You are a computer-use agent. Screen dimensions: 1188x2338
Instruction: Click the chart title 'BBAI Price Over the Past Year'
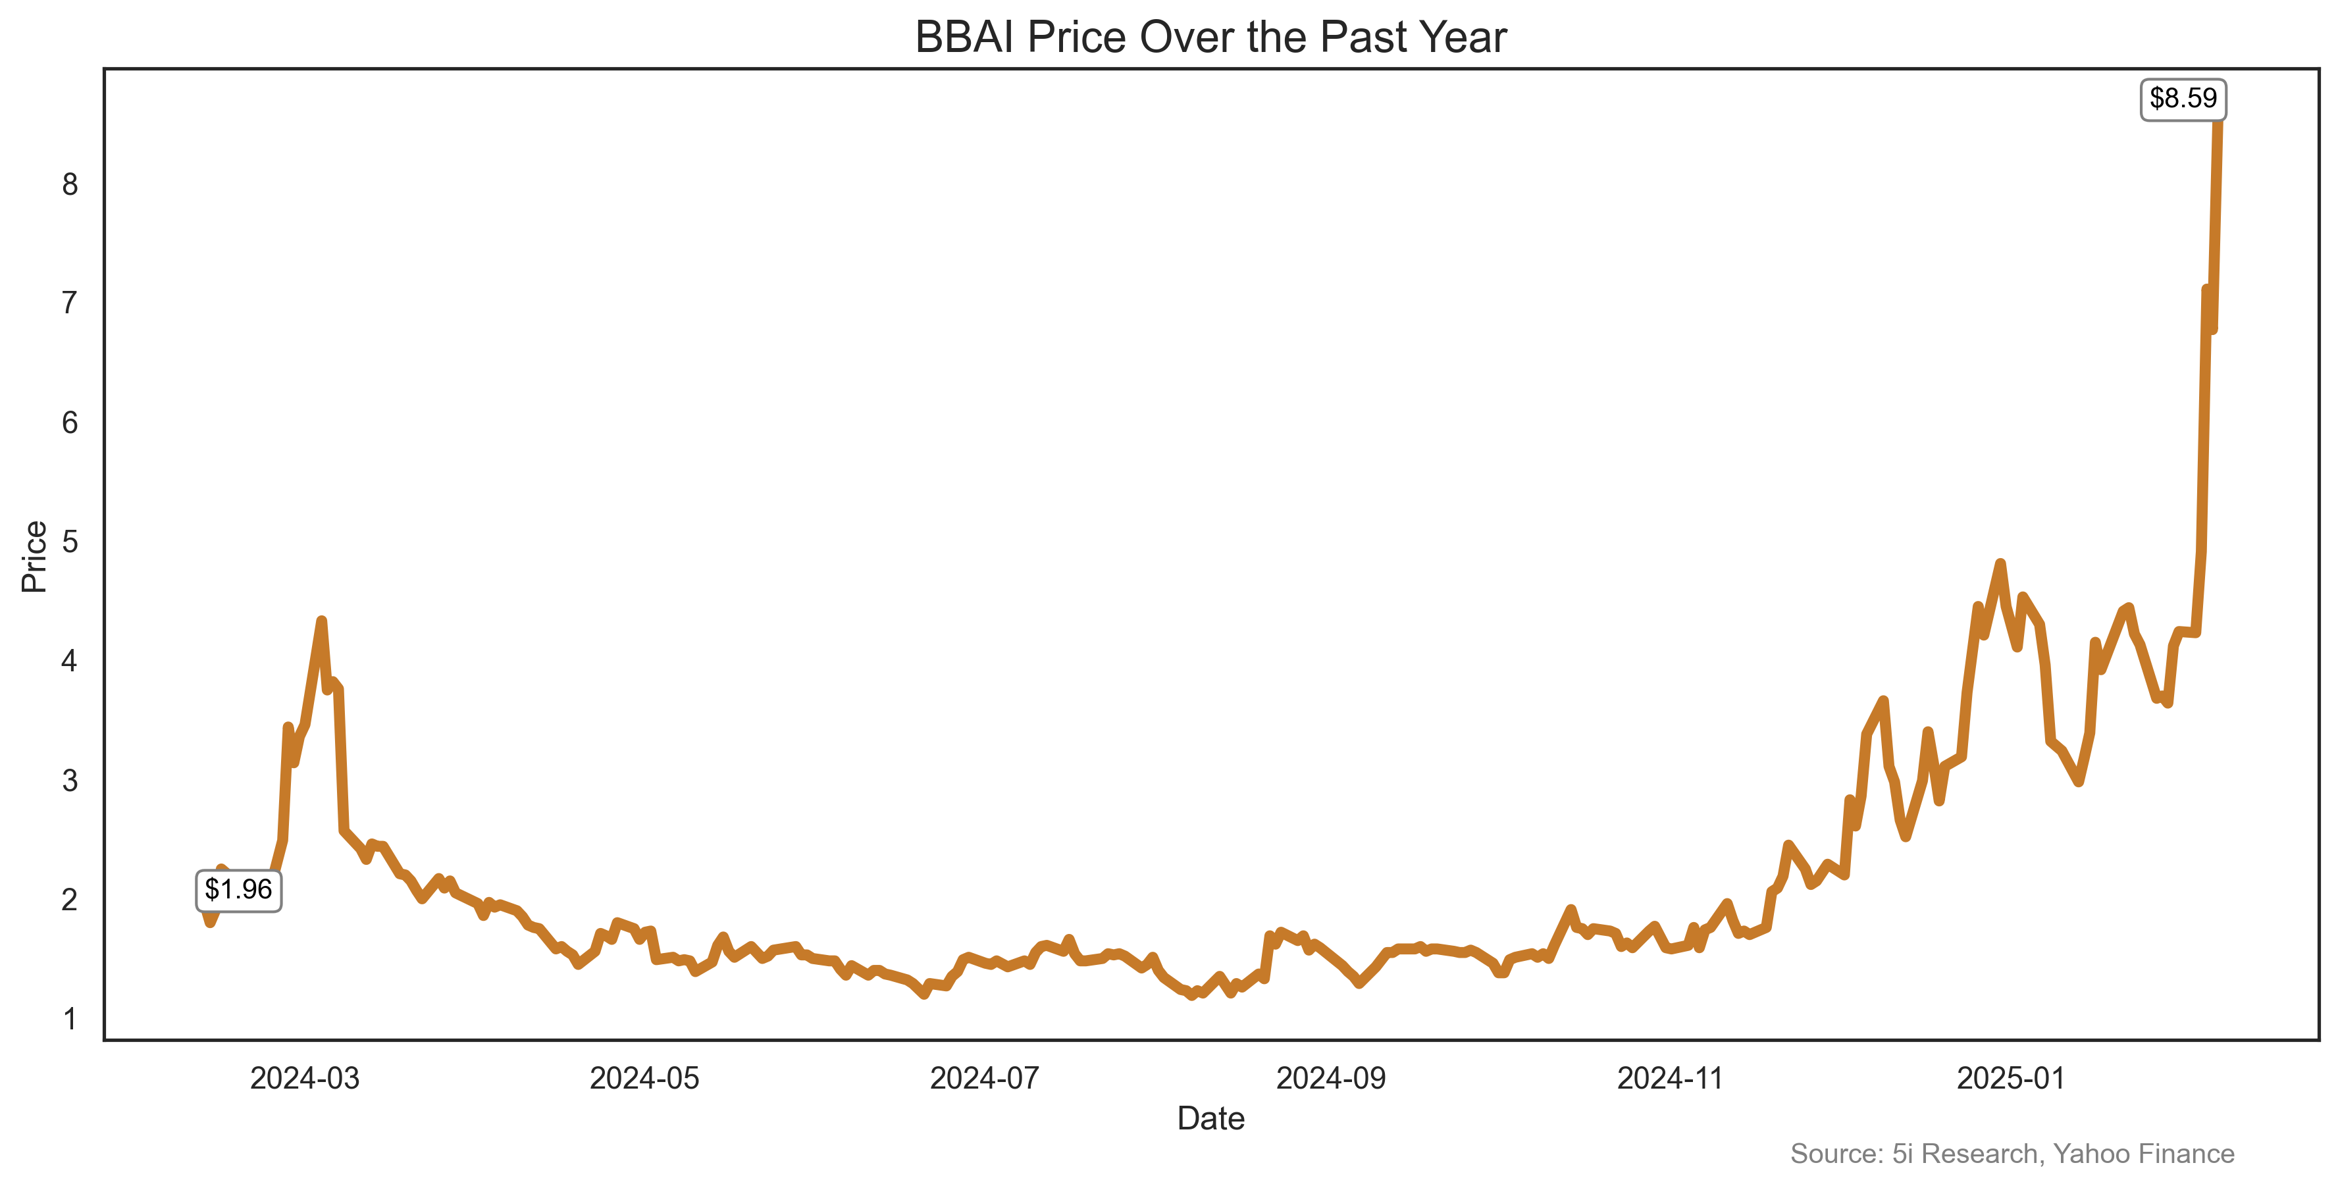pos(1210,38)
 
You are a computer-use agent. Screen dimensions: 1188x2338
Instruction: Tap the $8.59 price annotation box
pos(2182,99)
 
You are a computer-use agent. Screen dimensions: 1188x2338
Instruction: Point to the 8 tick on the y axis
pos(70,185)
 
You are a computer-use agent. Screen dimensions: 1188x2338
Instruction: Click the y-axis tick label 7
pos(70,303)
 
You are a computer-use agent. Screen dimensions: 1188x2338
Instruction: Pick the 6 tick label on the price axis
pos(70,423)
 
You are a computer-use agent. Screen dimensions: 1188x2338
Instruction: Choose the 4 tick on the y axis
pos(70,661)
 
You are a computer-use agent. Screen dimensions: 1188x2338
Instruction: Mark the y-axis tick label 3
pos(70,781)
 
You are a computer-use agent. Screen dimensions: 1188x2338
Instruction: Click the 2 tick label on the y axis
pos(70,900)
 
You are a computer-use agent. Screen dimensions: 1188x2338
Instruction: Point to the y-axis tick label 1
pos(70,1020)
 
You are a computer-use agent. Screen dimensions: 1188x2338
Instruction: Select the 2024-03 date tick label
pos(305,1079)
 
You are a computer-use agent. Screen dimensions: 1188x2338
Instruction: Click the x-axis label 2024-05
pos(644,1079)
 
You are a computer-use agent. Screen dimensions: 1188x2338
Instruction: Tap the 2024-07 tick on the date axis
pos(985,1079)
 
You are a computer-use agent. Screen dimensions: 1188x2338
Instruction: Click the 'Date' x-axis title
pos(1210,1119)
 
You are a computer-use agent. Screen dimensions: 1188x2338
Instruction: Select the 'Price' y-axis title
pos(34,556)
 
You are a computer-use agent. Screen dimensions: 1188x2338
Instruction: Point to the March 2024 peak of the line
pos(321,622)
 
